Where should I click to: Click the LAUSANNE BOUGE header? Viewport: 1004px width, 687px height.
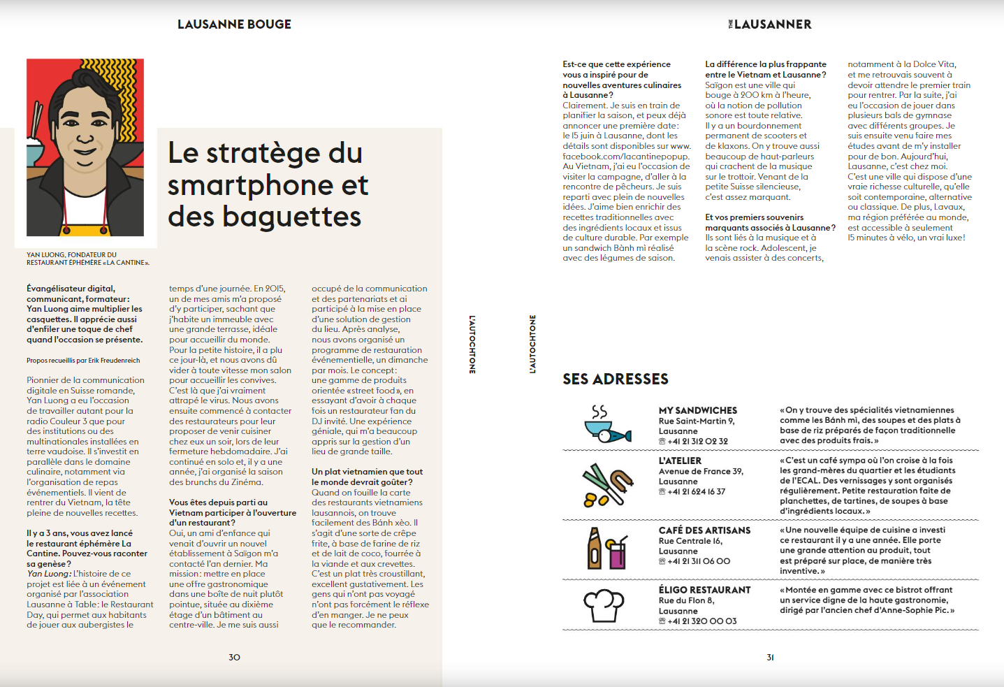[234, 24]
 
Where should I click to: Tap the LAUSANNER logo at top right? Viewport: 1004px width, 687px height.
[770, 24]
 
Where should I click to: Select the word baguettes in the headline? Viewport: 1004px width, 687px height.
[291, 217]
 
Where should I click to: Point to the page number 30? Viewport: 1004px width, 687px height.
[234, 657]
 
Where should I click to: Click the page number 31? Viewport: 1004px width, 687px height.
[770, 657]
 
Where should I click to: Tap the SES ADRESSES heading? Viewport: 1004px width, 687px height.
[616, 379]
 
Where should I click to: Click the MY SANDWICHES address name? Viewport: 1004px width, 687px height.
[697, 410]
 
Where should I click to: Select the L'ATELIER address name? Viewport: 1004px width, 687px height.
[680, 461]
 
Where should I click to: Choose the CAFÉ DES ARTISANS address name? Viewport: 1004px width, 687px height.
[704, 530]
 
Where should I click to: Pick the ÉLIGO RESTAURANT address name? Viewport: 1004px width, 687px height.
[704, 590]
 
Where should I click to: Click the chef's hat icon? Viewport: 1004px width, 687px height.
[604, 605]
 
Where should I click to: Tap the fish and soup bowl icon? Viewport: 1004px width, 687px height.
[606, 425]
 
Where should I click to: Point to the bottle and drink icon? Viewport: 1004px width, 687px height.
[606, 548]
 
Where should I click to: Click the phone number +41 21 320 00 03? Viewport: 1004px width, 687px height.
[701, 621]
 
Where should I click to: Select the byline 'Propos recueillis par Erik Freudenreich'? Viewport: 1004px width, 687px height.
[83, 361]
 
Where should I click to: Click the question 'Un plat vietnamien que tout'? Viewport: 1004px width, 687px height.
[367, 472]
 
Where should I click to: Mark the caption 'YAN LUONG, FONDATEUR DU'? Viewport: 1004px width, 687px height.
[71, 255]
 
